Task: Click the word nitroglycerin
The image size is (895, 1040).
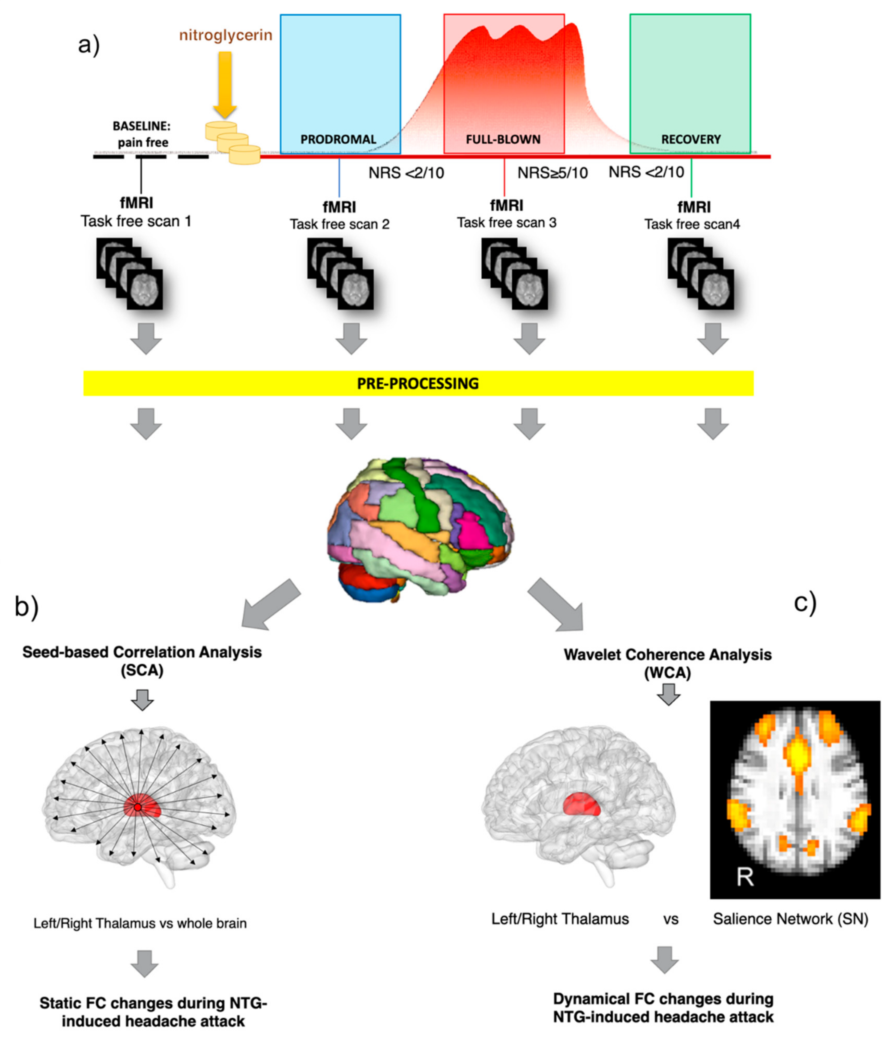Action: coord(226,35)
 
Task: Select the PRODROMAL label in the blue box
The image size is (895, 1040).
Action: coord(338,139)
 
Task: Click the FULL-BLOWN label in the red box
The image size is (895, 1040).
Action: coord(503,139)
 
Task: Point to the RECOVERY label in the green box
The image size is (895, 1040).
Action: coord(691,139)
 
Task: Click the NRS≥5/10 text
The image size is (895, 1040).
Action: coord(552,173)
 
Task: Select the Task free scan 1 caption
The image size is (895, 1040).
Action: coord(136,221)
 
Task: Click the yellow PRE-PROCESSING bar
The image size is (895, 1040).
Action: coord(418,383)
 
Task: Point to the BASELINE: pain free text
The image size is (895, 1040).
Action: coord(142,134)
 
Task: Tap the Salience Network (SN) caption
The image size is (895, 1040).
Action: coord(791,919)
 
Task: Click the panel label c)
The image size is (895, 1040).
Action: coord(805,602)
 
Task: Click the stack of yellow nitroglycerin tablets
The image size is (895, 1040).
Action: coord(233,142)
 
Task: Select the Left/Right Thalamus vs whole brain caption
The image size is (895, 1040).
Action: coord(140,923)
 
